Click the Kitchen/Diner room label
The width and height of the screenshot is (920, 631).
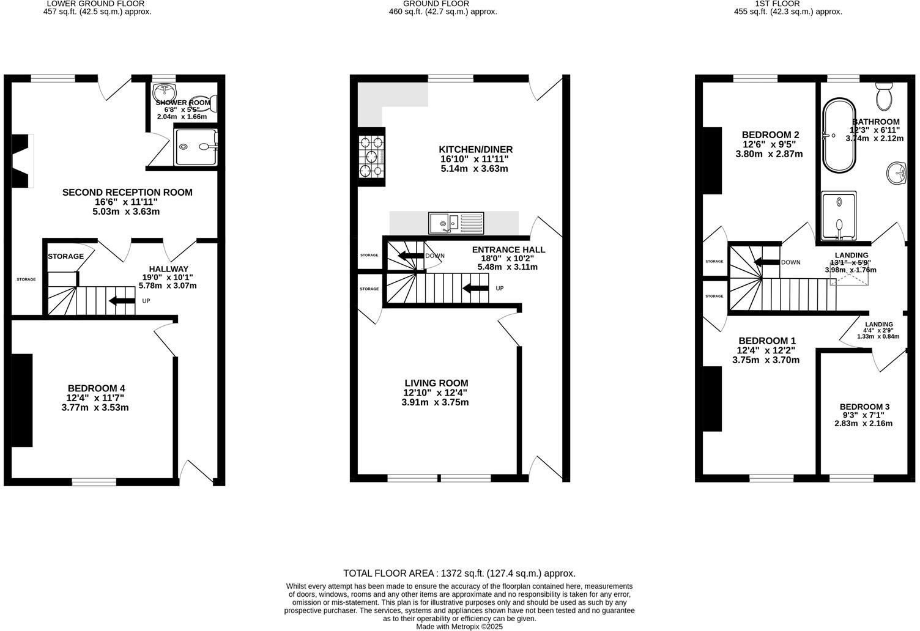pos(475,150)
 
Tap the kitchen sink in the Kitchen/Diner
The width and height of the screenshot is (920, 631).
pos(456,223)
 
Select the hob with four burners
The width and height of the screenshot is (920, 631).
pos(371,157)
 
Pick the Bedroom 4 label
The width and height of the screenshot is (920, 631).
pos(96,388)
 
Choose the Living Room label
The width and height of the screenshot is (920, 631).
pos(436,383)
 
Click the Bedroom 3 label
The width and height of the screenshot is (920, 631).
pos(864,407)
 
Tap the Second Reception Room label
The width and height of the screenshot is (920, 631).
pos(127,193)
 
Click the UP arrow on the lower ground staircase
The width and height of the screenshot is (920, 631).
pos(122,300)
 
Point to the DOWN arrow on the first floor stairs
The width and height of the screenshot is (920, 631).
pos(767,262)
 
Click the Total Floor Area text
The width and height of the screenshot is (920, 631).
pos(459,574)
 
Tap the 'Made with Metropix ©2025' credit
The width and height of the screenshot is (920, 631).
pos(459,626)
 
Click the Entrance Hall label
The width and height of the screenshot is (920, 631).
pos(508,250)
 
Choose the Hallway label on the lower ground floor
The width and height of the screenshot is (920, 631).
pos(168,269)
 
